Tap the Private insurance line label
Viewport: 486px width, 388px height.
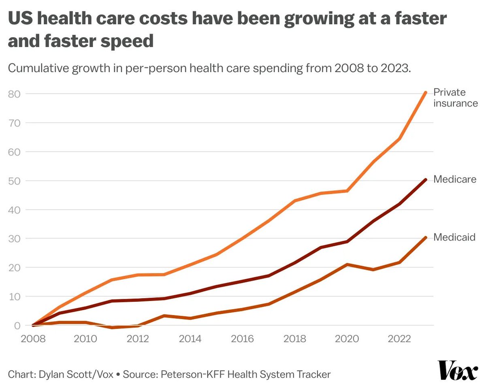pos(455,98)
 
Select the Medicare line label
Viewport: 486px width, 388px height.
pos(454,179)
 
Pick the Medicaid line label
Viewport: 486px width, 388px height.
pos(454,237)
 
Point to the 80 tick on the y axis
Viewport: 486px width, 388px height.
pos(14,94)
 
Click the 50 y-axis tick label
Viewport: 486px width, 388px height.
pos(14,181)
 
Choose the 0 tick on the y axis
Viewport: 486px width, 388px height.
pos(17,326)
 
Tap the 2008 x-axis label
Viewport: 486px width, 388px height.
pos(33,339)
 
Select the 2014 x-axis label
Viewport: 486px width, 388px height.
pos(190,339)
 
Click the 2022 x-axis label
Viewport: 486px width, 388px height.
pos(399,339)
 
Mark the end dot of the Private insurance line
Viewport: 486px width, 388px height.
pos(426,93)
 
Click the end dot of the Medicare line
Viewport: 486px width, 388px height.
pos(426,179)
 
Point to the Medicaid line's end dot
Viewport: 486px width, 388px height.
pos(426,237)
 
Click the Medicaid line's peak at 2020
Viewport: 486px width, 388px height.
pos(347,264)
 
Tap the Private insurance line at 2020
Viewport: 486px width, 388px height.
pos(347,191)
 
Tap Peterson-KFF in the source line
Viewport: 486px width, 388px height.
pos(193,374)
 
